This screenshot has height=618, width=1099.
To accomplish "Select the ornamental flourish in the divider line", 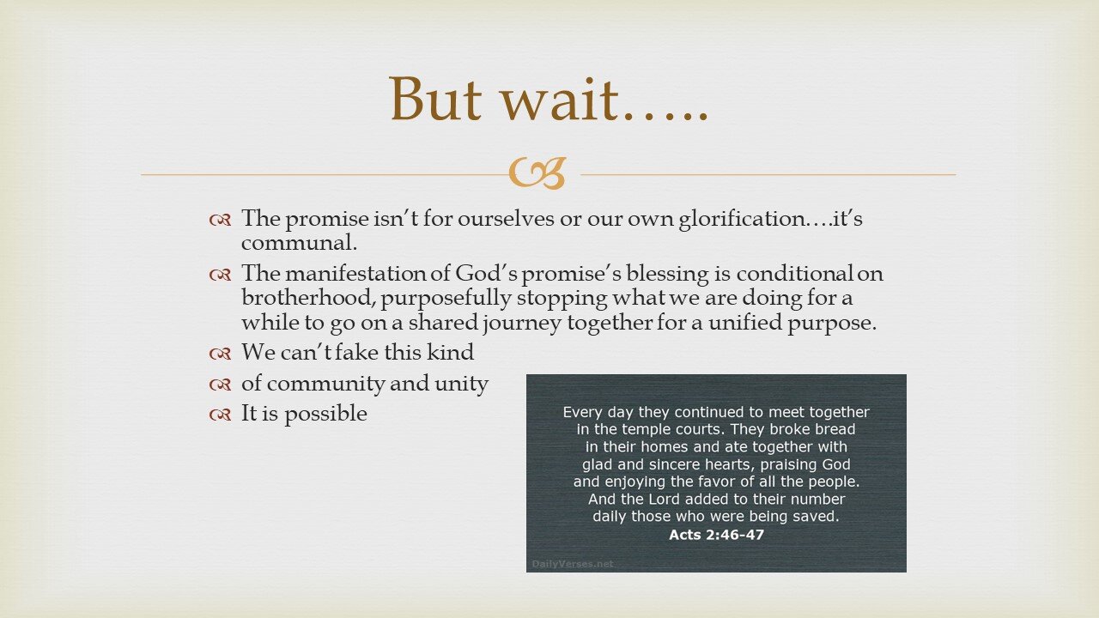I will [537, 173].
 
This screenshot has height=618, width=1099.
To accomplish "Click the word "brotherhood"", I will [301, 298].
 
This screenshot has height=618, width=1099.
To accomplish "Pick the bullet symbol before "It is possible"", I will [220, 415].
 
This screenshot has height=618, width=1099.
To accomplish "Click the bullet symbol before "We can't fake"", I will [220, 354].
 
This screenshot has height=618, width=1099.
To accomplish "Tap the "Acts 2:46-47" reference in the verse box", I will [716, 535].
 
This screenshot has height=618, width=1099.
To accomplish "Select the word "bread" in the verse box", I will [834, 429].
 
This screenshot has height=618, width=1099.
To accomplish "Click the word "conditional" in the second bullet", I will [798, 274].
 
